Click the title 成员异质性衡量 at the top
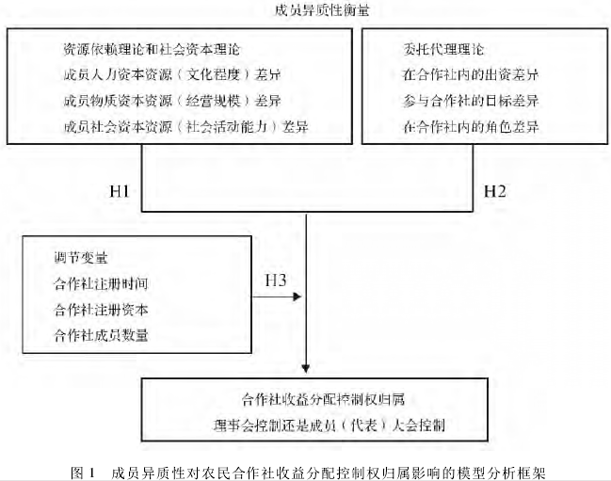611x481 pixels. [322, 10]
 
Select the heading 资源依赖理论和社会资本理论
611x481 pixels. [152, 50]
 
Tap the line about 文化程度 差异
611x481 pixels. [172, 74]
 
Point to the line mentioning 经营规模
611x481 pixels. [172, 101]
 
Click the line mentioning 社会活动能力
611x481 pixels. [185, 126]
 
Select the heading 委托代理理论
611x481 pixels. [443, 50]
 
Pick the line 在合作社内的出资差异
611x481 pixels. [471, 74]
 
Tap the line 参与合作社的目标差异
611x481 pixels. [471, 101]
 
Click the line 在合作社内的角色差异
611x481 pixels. [471, 126]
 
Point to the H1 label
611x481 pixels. [120, 191]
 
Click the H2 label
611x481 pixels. [495, 191]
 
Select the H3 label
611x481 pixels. [276, 280]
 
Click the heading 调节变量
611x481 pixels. [81, 257]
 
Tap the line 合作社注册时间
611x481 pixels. [101, 283]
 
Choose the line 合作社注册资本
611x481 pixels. [101, 310]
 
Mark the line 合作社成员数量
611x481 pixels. [101, 335]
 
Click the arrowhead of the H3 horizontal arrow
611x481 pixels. [297, 297]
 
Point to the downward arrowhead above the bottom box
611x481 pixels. [306, 368]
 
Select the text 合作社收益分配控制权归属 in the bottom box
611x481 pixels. [324, 400]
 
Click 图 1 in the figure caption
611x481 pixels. [83, 473]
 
